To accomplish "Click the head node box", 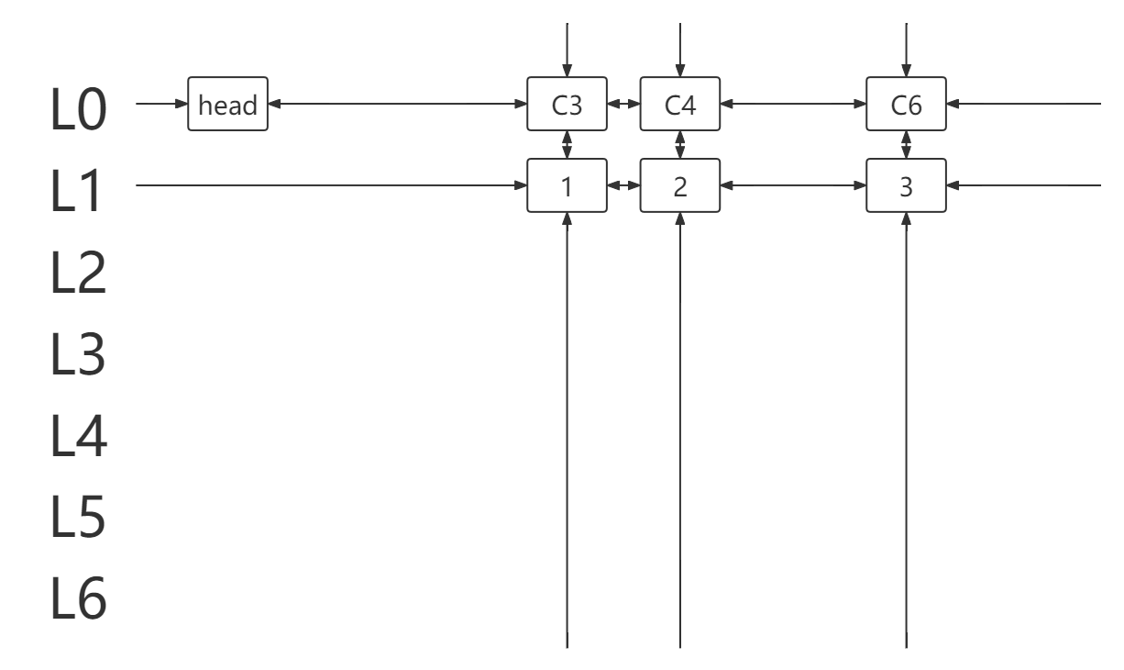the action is coord(227,104).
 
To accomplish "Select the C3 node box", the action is coord(567,104).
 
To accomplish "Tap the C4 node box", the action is coord(680,104).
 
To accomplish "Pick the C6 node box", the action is coord(906,104).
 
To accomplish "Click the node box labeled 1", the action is coord(567,185).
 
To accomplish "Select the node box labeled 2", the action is coord(680,185).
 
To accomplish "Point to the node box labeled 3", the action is coord(906,185).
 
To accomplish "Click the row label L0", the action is coord(78,108).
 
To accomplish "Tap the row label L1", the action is coord(75,190).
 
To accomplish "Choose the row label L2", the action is coord(78,272).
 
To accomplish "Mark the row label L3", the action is coord(78,353).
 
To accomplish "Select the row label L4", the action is coord(79,435).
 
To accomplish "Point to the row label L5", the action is coord(78,517).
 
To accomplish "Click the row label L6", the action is coord(78,598).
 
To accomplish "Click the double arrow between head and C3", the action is coord(397,104).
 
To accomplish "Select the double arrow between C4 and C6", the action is coord(793,104).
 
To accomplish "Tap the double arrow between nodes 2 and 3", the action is coord(793,185).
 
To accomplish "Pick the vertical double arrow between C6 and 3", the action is coord(906,145).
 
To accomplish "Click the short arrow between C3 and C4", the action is coord(623,104).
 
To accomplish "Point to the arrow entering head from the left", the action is coord(161,104).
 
